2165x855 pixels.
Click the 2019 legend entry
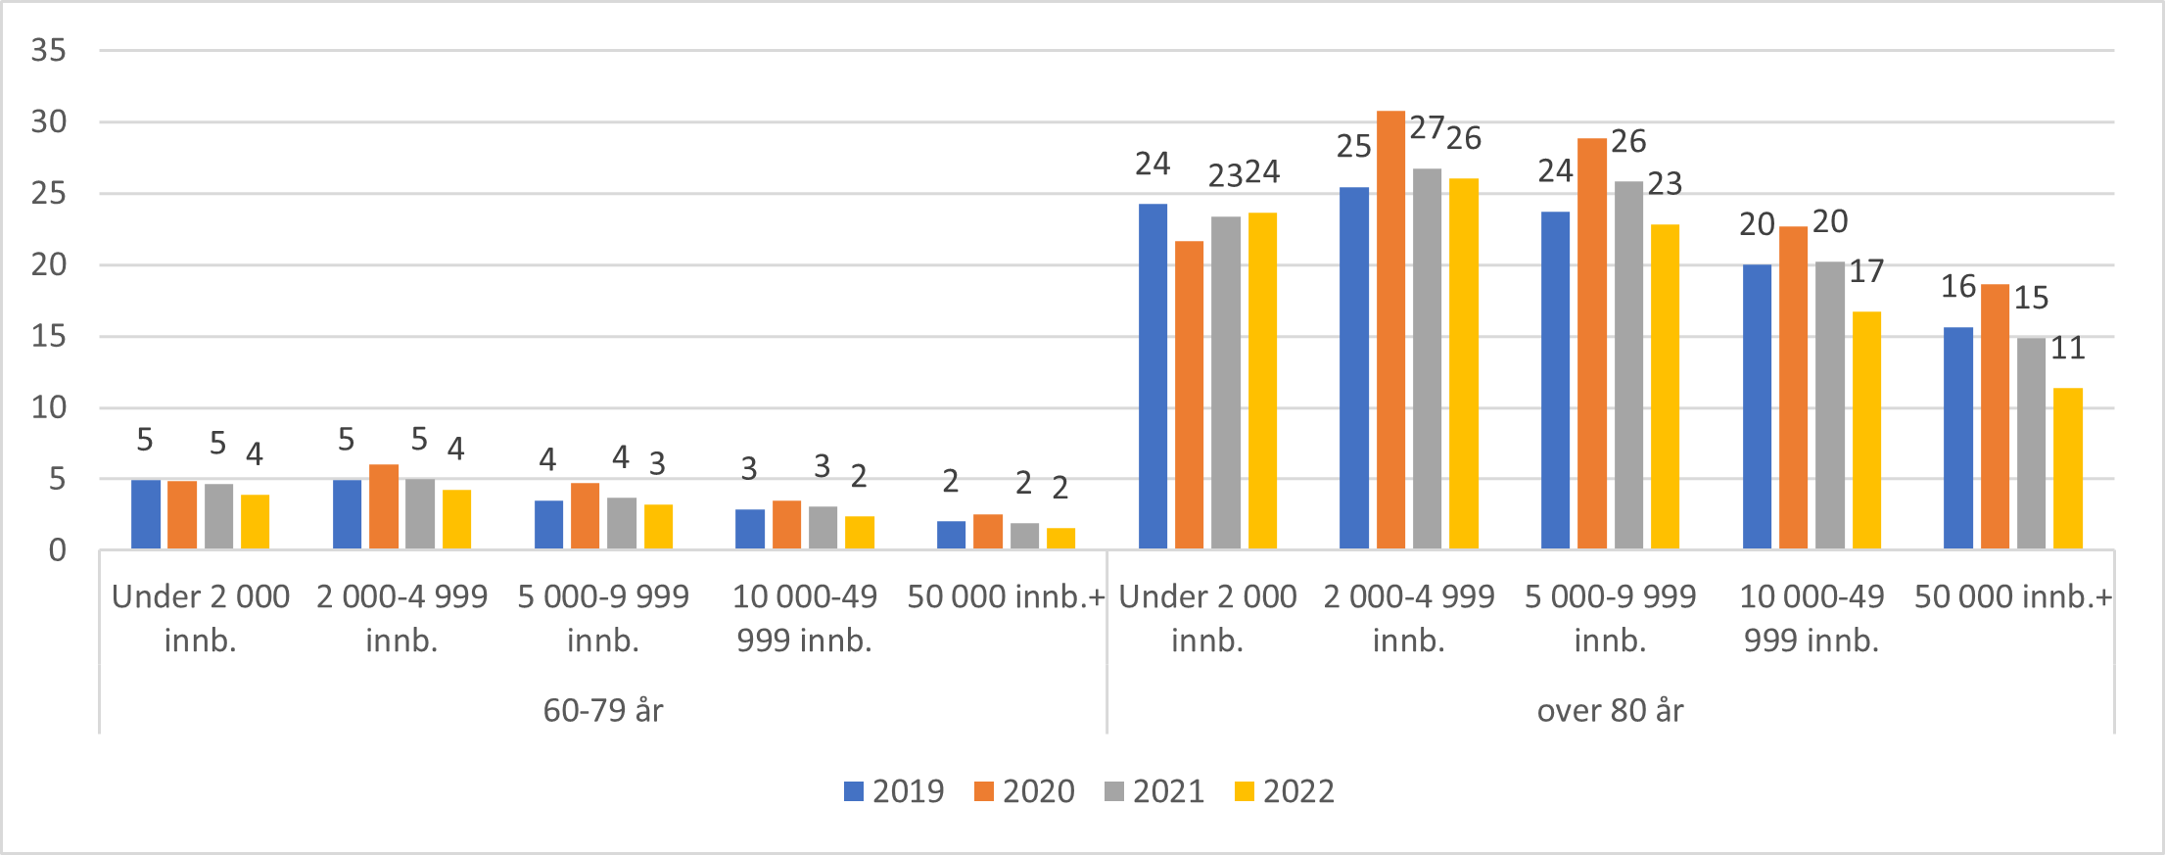click(x=894, y=791)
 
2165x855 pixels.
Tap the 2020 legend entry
click(x=1024, y=791)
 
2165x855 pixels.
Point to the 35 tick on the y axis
click(x=48, y=50)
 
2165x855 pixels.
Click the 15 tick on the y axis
click(x=48, y=336)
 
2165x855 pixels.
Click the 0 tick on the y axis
click(x=57, y=550)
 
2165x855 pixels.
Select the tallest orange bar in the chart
click(x=1390, y=329)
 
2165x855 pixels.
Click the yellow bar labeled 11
click(x=2067, y=468)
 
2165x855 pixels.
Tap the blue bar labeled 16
click(x=1957, y=438)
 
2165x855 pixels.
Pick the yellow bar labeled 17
click(x=1866, y=430)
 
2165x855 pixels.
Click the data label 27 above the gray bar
click(x=1427, y=127)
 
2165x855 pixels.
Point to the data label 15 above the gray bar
click(x=2031, y=298)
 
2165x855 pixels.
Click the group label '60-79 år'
click(x=603, y=710)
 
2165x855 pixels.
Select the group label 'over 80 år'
click(x=1610, y=710)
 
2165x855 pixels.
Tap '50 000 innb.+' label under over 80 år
click(x=2013, y=596)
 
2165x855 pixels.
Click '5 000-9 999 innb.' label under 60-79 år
click(x=603, y=618)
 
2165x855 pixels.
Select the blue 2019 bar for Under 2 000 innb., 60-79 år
click(x=146, y=514)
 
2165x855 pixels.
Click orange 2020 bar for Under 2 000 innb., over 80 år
click(x=1189, y=395)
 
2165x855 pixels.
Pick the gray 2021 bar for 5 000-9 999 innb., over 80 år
click(x=1628, y=364)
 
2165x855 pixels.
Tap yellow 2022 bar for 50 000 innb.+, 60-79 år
click(x=1060, y=539)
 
